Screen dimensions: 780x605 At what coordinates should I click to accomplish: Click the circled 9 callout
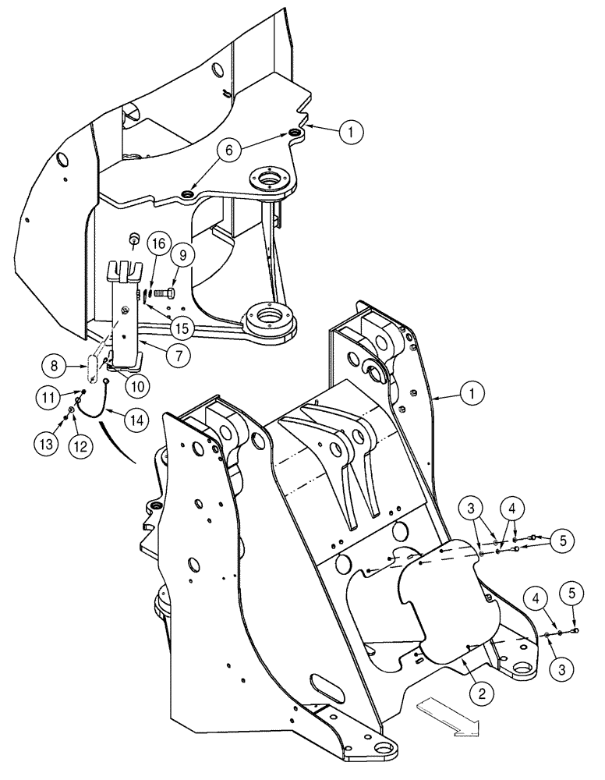click(x=181, y=253)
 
